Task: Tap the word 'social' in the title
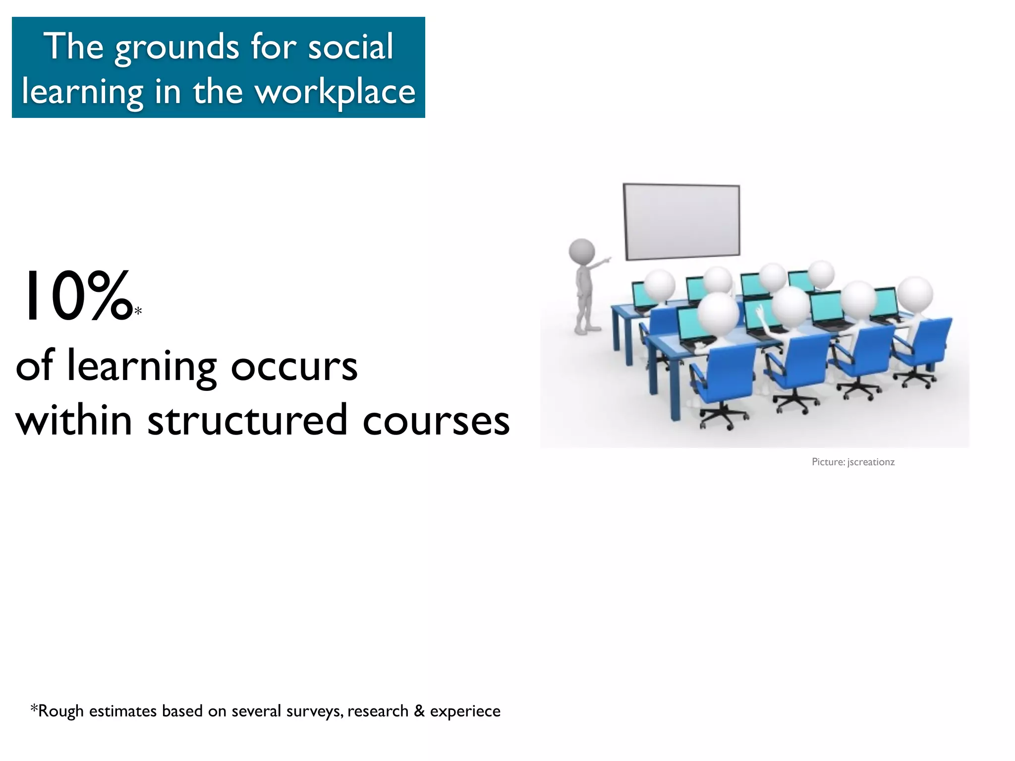click(x=350, y=47)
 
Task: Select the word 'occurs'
click(x=294, y=367)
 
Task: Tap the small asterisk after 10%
click(x=138, y=311)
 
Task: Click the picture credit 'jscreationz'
click(x=871, y=462)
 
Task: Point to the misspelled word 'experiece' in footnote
click(x=465, y=711)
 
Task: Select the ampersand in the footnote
click(x=419, y=710)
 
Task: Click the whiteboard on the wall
click(x=681, y=221)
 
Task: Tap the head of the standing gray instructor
click(x=581, y=251)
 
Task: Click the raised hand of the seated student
click(x=759, y=311)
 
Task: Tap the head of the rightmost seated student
click(x=915, y=293)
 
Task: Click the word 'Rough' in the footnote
click(x=60, y=711)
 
